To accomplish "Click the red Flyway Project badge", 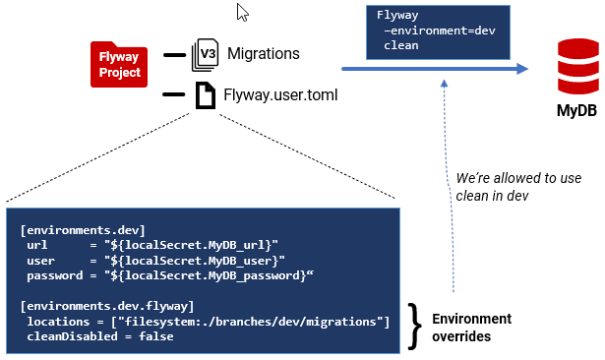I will pos(119,65).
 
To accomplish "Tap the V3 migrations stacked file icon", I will pos(205,53).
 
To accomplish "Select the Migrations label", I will pos(263,53).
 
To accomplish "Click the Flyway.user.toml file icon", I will pos(205,95).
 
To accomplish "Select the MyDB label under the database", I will pos(572,111).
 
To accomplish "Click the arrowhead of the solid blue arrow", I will pos(522,69).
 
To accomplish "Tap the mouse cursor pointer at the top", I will pos(243,13).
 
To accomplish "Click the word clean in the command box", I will pos(401,45).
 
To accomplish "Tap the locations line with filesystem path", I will pos(208,322).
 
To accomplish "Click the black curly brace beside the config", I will pos(415,322).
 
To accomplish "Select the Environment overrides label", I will pos(471,328).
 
